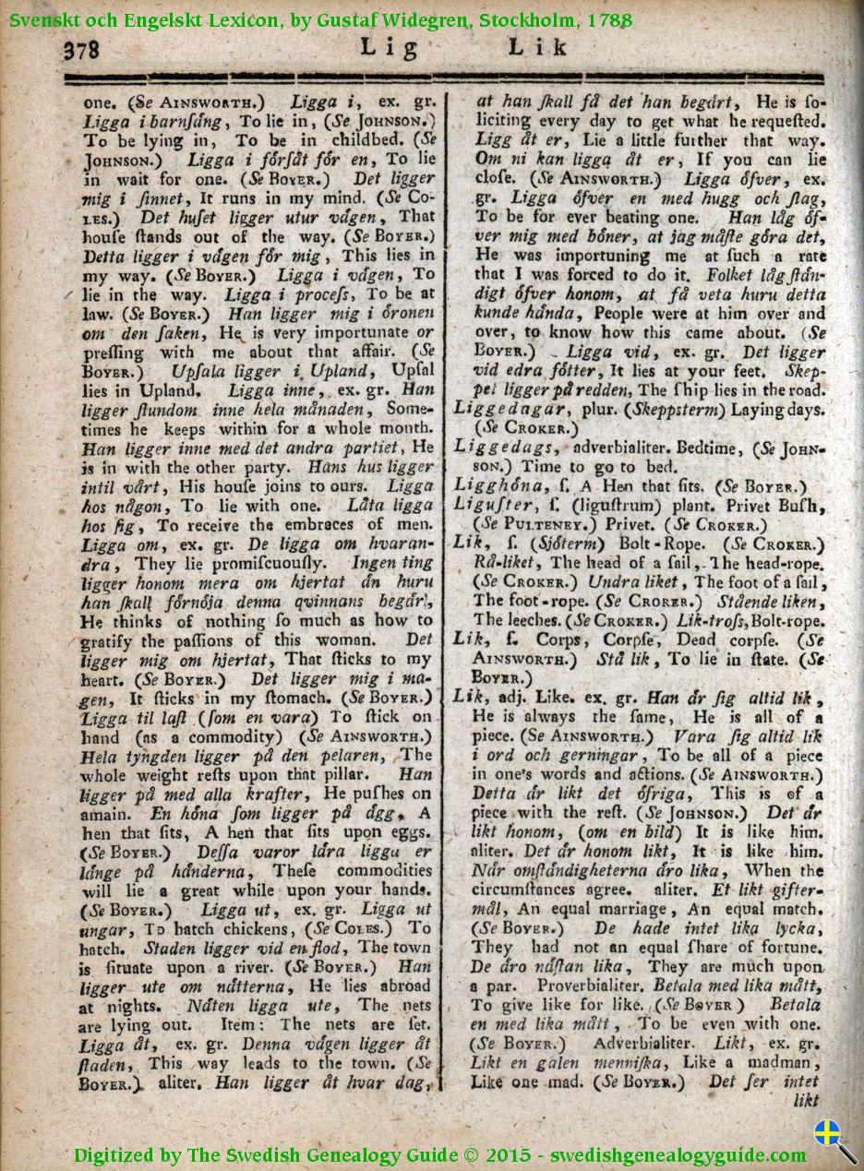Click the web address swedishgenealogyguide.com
coord(678,1154)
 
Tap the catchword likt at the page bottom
coord(806,1100)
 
